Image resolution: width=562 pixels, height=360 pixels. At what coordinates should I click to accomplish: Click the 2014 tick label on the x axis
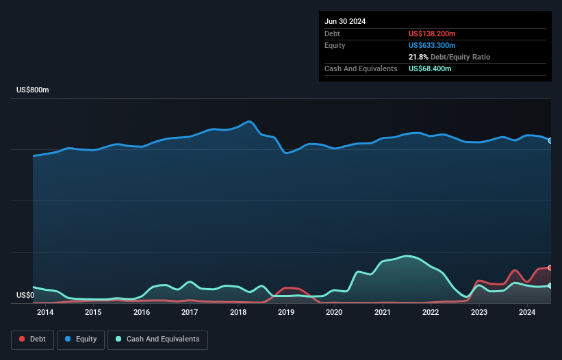[45, 313]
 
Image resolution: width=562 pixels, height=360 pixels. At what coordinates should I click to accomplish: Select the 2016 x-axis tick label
[142, 313]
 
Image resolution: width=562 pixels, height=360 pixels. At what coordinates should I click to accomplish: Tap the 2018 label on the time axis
[238, 313]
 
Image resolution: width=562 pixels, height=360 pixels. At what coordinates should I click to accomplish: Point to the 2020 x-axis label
[334, 313]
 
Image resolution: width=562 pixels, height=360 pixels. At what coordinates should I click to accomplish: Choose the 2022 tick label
[431, 313]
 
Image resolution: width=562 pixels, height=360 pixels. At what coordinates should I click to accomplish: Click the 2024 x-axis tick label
[527, 313]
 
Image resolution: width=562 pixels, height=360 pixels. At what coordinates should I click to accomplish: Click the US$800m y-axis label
[33, 90]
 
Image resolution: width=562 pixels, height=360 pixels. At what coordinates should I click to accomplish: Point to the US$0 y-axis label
[25, 296]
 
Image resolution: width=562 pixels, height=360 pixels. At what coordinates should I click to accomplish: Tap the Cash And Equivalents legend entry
[157, 339]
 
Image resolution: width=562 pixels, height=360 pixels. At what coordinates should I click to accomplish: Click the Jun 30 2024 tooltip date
[345, 21]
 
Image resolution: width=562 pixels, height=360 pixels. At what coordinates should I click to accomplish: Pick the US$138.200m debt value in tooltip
[432, 34]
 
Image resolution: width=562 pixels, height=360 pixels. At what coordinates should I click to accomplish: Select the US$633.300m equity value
[432, 45]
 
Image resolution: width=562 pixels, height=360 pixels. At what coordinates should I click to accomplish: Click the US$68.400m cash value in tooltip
[430, 68]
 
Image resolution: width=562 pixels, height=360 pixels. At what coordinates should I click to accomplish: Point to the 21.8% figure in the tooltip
[418, 57]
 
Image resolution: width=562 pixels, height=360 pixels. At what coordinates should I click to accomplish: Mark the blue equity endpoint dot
[550, 140]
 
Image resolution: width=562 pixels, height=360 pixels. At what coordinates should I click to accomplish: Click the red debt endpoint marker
[550, 268]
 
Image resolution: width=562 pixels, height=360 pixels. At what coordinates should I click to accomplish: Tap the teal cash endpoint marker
[550, 285]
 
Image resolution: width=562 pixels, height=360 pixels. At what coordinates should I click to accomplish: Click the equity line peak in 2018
[250, 122]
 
